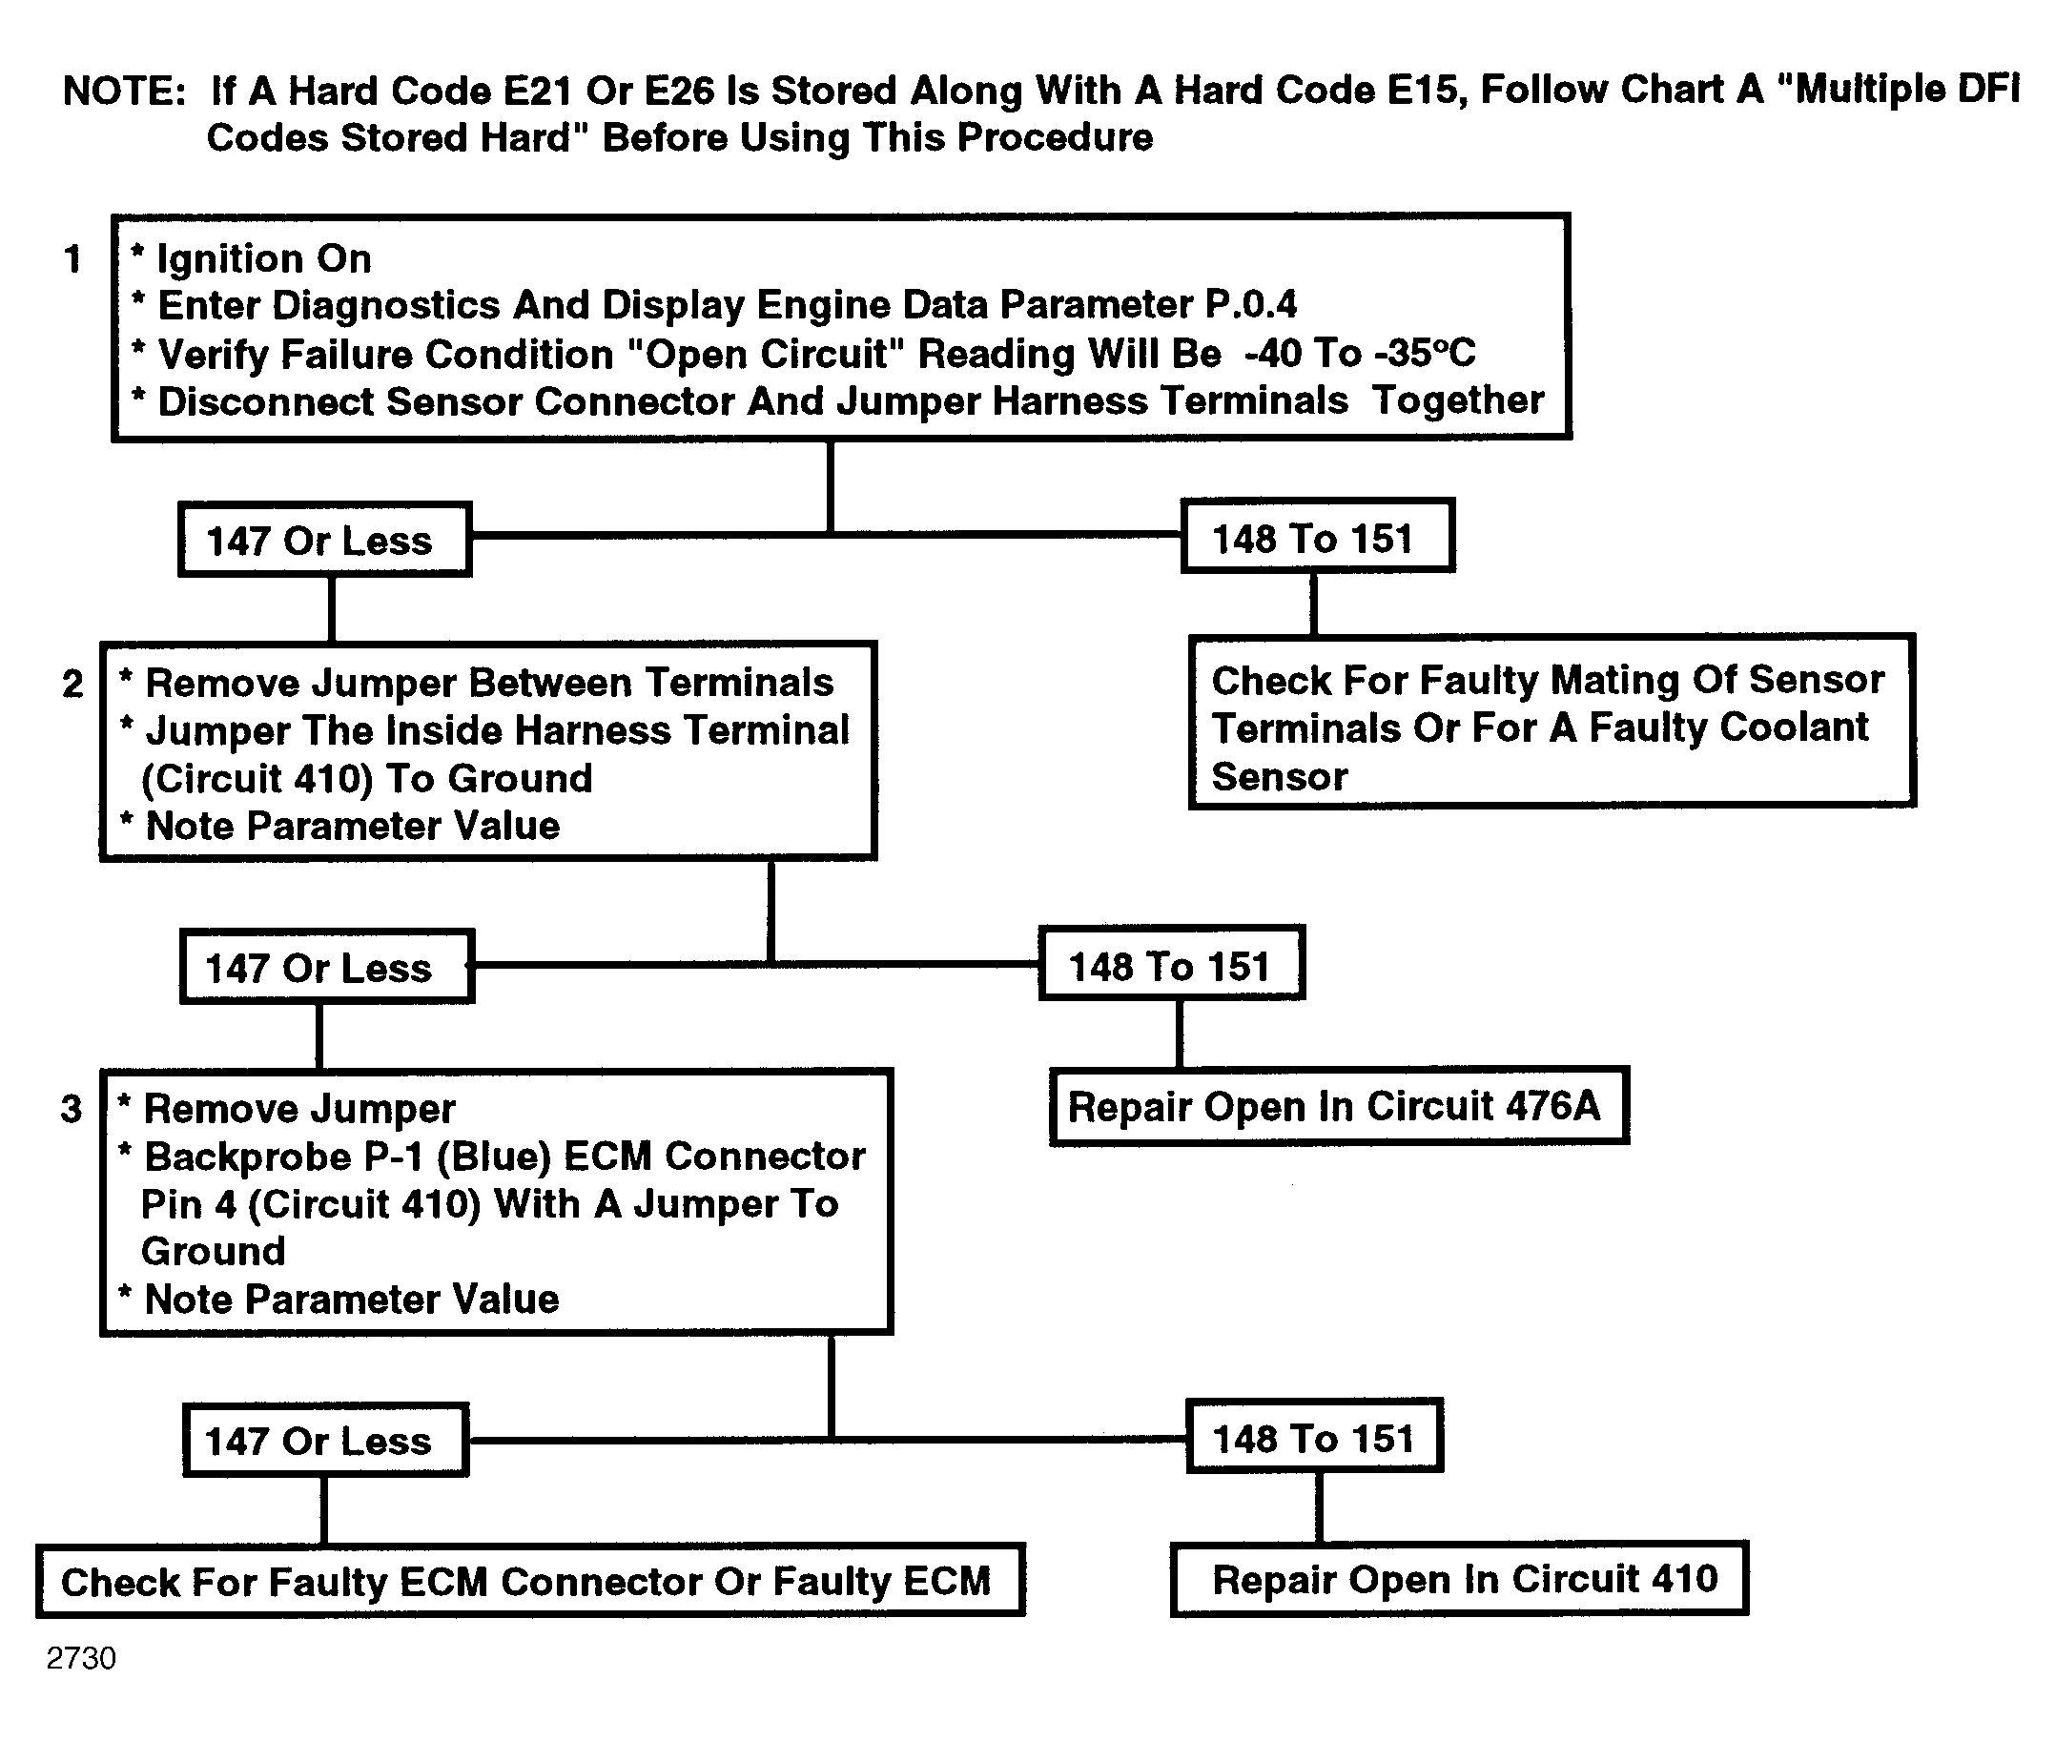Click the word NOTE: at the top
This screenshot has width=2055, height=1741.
(124, 91)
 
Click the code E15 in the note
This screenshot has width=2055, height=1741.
(1423, 90)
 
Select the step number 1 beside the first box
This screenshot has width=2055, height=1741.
(72, 258)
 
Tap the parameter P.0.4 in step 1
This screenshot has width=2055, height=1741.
(1250, 304)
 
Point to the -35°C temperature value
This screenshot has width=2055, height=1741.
(1425, 353)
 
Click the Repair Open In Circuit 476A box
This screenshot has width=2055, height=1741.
(1339, 1105)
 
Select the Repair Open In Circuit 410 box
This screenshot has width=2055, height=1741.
(1459, 1578)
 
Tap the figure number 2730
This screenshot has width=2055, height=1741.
(81, 1658)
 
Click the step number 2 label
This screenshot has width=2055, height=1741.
(73, 684)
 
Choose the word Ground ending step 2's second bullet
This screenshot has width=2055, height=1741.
(520, 778)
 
